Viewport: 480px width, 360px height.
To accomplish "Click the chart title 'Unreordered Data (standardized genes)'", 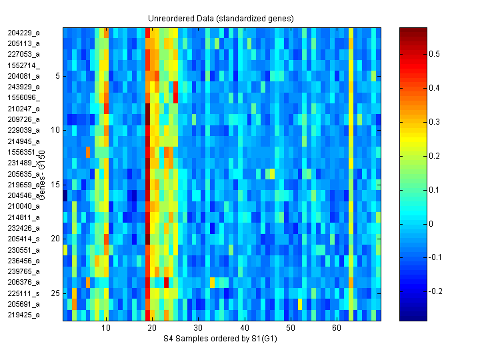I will [221, 18].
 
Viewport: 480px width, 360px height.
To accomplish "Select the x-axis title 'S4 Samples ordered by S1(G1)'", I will [222, 339].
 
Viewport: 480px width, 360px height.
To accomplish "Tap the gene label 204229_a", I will [24, 32].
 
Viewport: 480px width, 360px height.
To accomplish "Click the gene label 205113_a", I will [24, 43].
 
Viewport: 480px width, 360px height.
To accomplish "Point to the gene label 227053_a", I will [24, 54].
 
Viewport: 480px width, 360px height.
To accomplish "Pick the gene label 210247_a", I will [24, 108].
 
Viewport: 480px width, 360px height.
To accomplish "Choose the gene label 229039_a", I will [24, 130].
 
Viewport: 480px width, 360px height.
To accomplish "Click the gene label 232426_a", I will [24, 228].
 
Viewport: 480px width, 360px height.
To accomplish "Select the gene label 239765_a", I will [24, 271].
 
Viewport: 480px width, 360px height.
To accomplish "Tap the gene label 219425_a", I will [24, 315].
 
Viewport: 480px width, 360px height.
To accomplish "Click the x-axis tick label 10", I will [107, 329].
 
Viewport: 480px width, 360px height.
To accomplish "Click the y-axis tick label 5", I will [58, 76].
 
